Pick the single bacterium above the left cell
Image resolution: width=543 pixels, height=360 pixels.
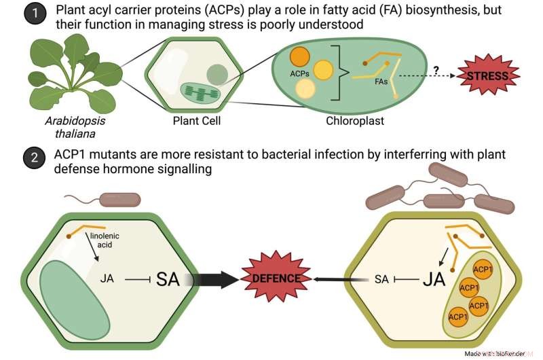(119, 199)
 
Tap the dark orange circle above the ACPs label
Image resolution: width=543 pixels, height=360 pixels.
(300, 57)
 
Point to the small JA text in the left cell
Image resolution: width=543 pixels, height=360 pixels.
(107, 278)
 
